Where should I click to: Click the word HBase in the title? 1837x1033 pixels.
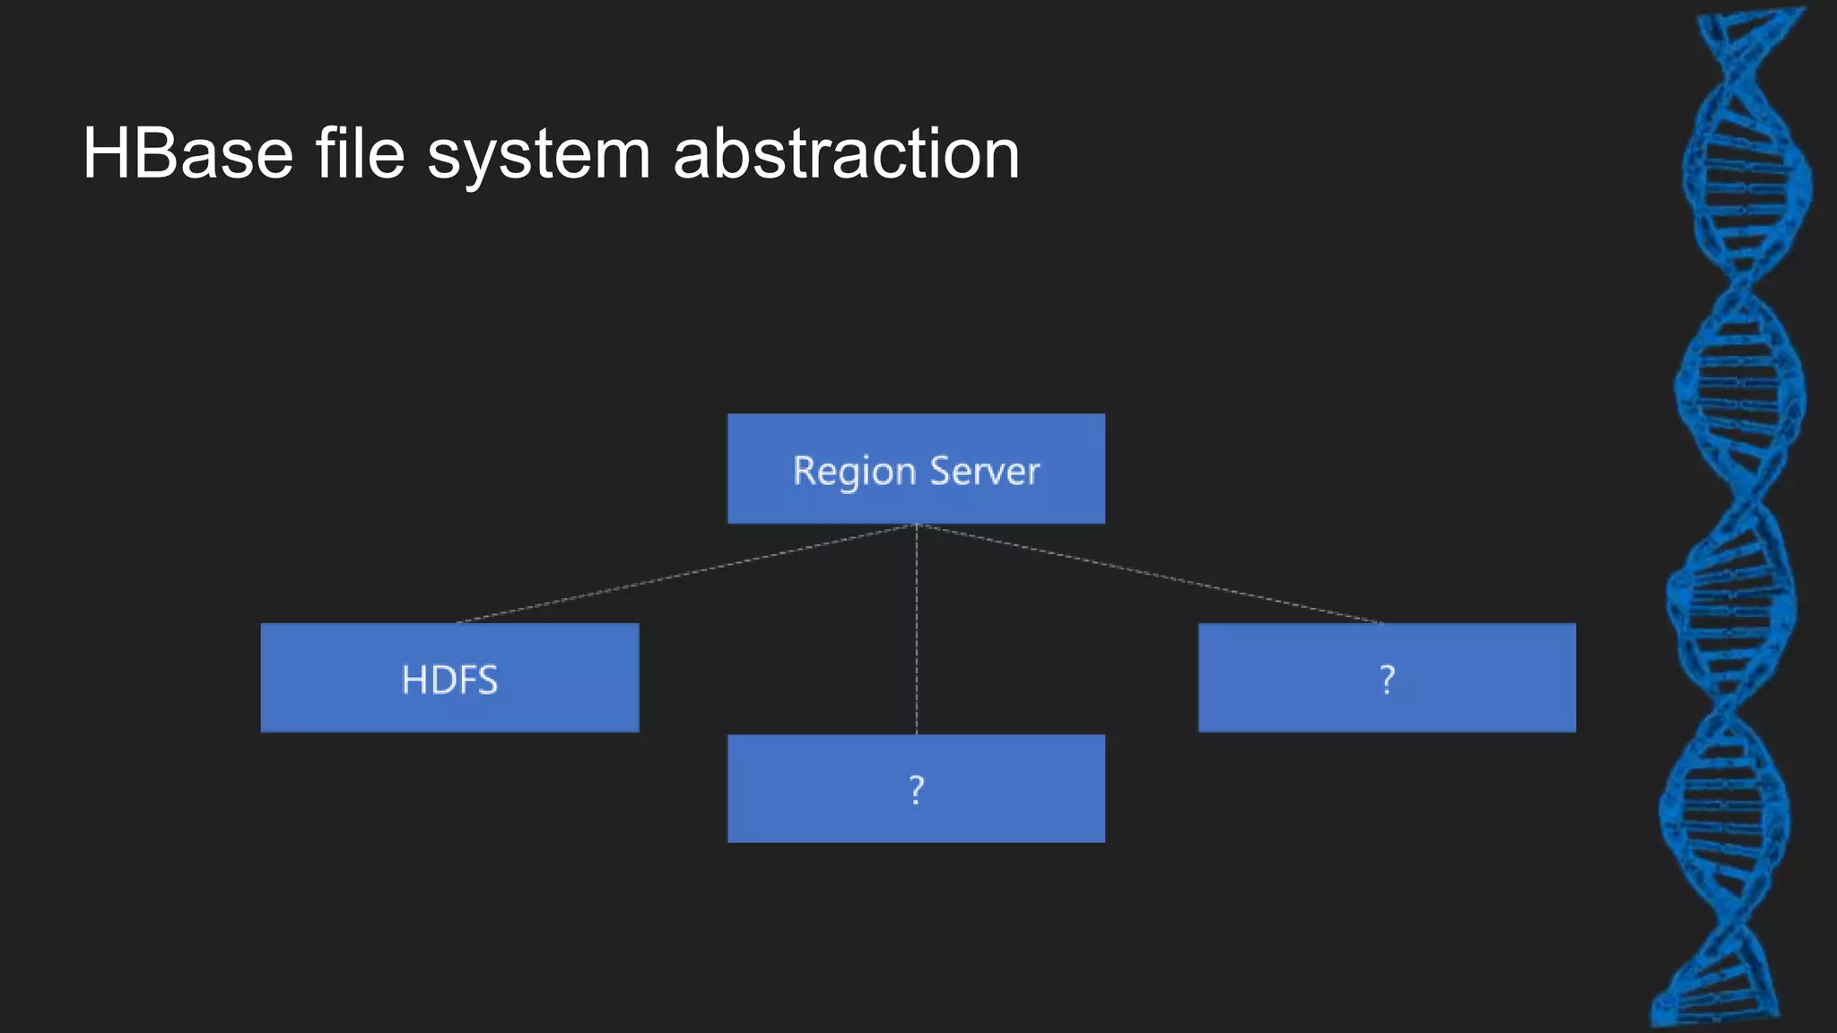click(187, 154)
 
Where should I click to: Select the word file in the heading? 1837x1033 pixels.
click(360, 154)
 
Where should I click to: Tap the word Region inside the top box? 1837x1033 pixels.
click(854, 472)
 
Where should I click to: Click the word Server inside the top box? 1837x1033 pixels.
click(985, 471)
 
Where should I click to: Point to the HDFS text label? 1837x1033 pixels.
click(449, 680)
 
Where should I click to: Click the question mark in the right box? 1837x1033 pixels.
click(1387, 680)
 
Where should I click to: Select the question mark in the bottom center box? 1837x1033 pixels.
click(916, 790)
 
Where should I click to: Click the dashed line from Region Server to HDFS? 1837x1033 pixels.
click(686, 574)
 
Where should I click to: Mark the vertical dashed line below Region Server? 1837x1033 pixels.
click(916, 628)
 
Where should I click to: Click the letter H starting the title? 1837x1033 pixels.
click(106, 154)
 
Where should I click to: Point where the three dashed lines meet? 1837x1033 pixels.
click(916, 525)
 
